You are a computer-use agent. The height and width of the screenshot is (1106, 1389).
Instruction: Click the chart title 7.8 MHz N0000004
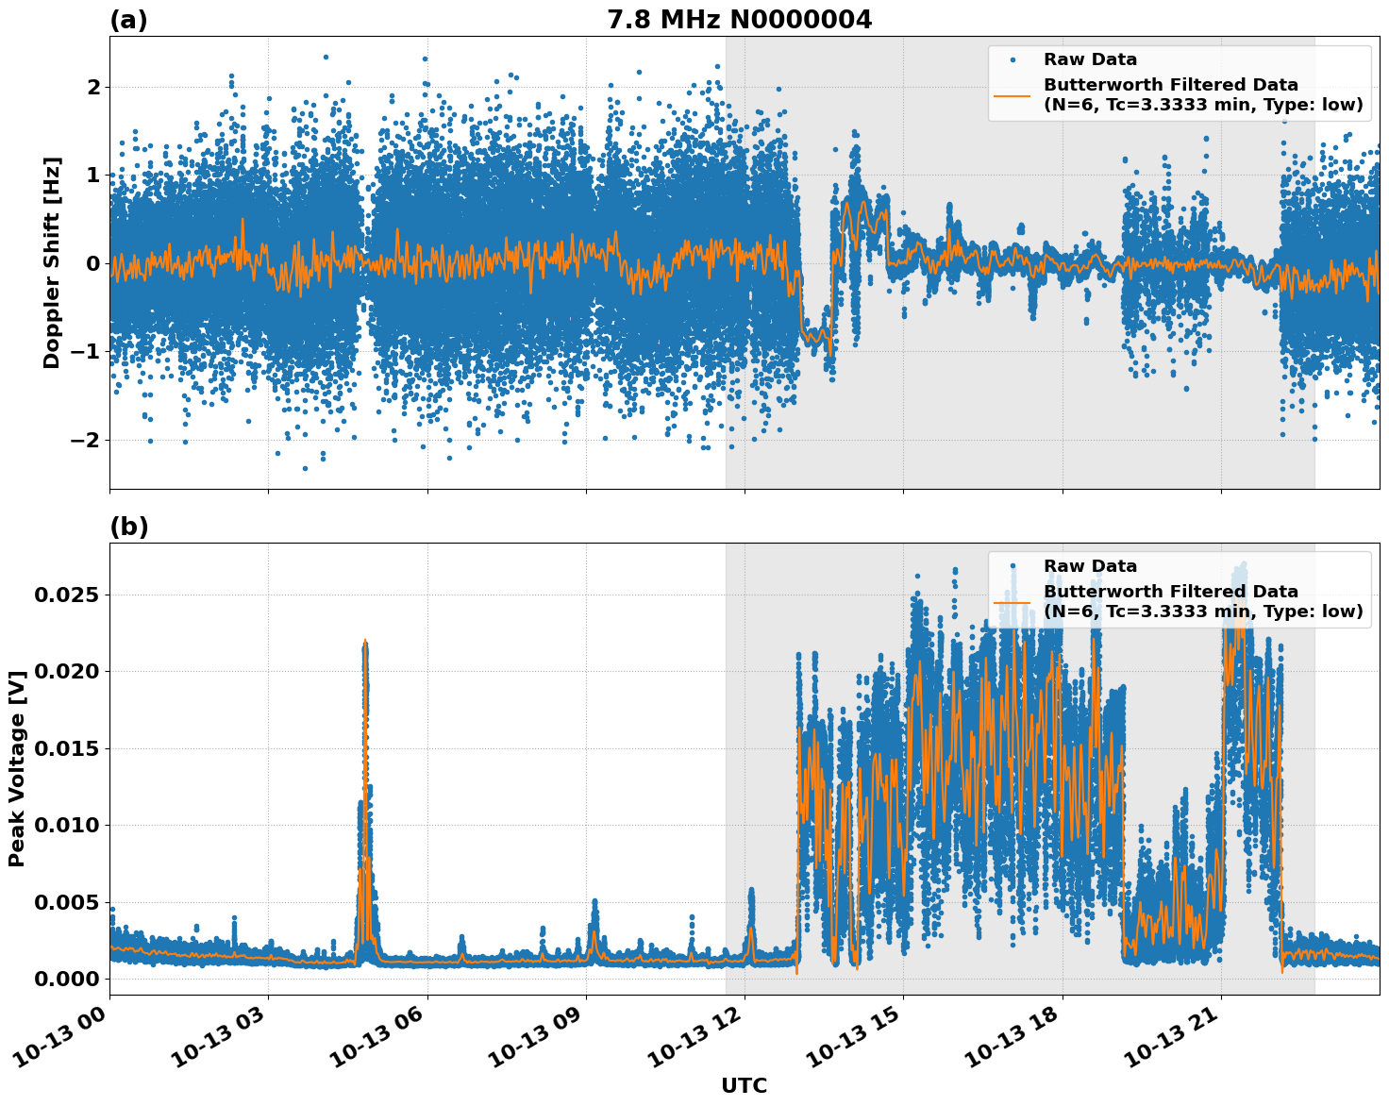[x=739, y=20]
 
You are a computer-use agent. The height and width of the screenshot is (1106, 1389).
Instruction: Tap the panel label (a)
[x=128, y=20]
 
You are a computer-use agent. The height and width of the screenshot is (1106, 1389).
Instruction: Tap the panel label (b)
[x=129, y=527]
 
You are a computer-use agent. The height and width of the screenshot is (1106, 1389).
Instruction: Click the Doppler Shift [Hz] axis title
[x=52, y=262]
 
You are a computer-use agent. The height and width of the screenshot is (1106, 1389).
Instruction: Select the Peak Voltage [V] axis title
[x=17, y=768]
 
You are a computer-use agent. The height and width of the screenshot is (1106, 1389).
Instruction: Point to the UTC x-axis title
[x=744, y=1085]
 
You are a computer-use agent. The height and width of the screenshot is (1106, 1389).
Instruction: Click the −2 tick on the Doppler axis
[x=86, y=440]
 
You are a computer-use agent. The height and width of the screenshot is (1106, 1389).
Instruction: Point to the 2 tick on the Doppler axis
[x=93, y=87]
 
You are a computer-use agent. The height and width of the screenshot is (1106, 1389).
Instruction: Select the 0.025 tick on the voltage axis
[x=65, y=595]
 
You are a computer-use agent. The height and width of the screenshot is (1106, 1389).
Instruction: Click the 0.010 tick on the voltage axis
[x=65, y=825]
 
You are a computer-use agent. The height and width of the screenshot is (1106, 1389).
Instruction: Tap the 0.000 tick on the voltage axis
[x=65, y=979]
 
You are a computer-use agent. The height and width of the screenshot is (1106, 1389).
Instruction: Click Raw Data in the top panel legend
[x=1090, y=59]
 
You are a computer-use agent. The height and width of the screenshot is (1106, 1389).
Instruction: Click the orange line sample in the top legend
[x=1012, y=94]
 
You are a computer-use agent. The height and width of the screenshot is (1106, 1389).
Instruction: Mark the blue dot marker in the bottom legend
[x=1012, y=566]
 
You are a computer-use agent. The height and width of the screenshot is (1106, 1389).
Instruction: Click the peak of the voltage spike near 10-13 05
[x=364, y=641]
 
